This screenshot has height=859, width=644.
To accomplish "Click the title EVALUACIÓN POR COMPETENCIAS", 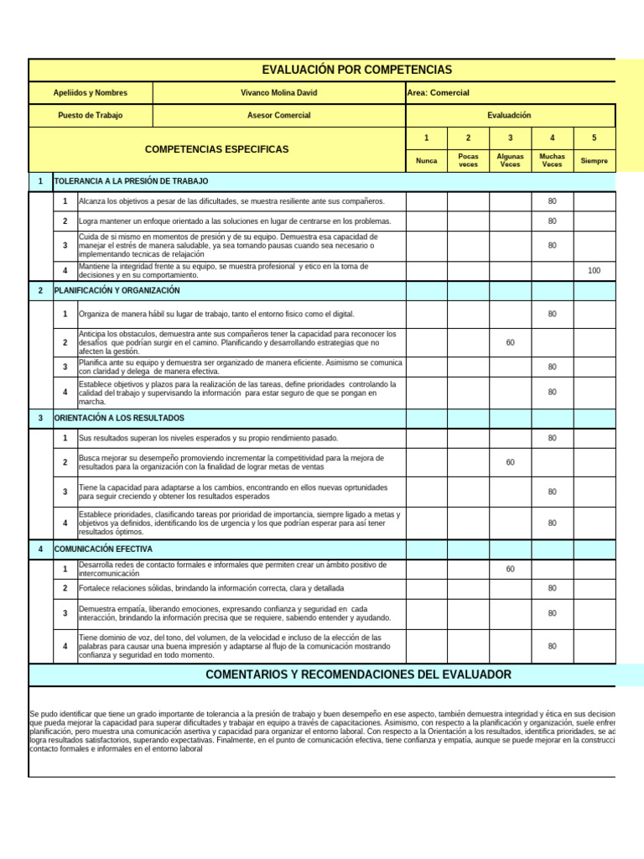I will [x=356, y=70].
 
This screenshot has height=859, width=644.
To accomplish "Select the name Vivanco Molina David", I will [x=278, y=92].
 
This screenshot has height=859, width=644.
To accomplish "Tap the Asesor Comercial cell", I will [x=278, y=115].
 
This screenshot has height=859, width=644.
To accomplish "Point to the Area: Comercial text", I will [x=439, y=92].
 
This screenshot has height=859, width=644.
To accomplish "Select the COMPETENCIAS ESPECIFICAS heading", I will [x=216, y=149].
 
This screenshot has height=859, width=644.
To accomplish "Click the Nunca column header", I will [x=426, y=160].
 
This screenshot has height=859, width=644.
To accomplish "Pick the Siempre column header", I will [x=594, y=160].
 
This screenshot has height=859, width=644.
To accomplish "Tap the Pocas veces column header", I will [x=468, y=160].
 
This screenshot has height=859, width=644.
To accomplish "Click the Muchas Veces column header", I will [x=552, y=160].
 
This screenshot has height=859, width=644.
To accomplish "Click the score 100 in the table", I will [x=594, y=270].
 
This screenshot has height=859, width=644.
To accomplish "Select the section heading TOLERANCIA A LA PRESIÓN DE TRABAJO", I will [x=131, y=181].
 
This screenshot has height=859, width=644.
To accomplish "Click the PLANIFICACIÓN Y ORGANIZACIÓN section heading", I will [x=117, y=290].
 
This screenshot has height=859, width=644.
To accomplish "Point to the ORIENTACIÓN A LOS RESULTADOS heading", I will [x=119, y=418].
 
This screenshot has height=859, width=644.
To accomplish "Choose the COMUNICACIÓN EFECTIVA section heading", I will [x=103, y=549].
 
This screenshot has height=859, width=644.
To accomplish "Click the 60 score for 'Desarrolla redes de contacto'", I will [x=510, y=570].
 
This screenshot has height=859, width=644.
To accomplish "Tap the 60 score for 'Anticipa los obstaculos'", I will [x=510, y=342].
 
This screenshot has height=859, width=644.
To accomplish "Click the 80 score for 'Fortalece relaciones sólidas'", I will [x=552, y=588].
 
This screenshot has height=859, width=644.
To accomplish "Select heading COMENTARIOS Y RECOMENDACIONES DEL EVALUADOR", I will [x=358, y=674].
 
